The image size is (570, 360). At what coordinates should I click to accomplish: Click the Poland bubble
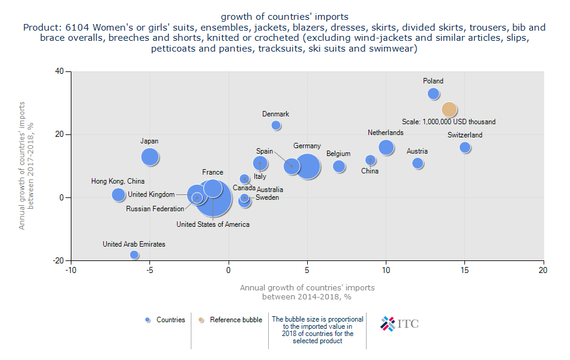(433, 94)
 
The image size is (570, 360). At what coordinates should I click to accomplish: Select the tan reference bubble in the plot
(449, 109)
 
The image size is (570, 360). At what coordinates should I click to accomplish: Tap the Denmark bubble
(276, 125)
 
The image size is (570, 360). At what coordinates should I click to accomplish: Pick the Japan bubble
(150, 157)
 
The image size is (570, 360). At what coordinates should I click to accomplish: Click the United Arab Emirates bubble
(134, 255)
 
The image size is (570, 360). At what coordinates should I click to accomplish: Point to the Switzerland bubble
(465, 148)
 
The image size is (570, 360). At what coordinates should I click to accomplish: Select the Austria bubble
(418, 163)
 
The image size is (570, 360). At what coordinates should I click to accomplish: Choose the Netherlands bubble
(386, 148)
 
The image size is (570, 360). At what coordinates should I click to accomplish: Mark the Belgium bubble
(339, 166)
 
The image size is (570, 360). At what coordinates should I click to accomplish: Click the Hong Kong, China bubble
(118, 194)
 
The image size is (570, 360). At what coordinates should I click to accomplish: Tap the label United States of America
(213, 224)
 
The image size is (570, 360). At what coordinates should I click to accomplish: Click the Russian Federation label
(155, 209)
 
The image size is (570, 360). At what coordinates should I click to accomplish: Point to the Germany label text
(307, 146)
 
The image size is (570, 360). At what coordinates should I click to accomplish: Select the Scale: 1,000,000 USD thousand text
(449, 122)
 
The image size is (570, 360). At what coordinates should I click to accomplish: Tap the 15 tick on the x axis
(465, 270)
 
